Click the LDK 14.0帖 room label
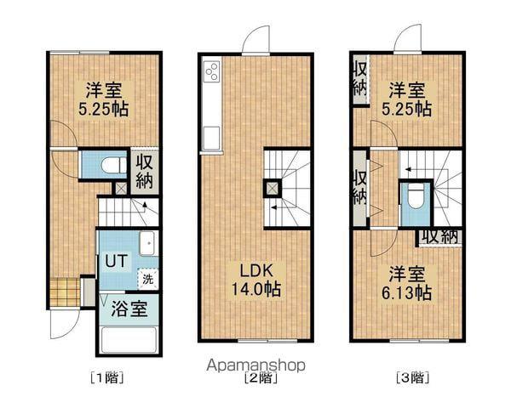[x=255, y=280]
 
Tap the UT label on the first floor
[x=112, y=263]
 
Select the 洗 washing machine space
[x=147, y=277]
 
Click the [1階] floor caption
[x=106, y=377]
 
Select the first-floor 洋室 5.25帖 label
[x=103, y=99]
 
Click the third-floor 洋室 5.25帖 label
[x=410, y=99]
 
